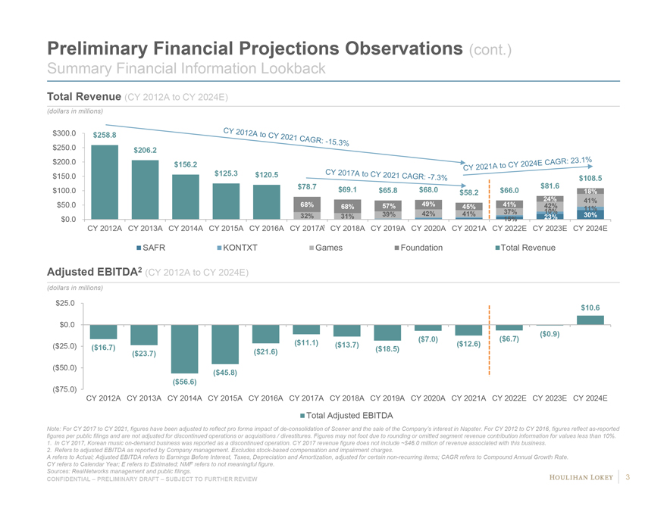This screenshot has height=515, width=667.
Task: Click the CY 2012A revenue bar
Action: (x=103, y=182)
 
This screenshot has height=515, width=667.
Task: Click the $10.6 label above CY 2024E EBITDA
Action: (x=590, y=307)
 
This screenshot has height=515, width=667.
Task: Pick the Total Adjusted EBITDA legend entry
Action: (x=348, y=415)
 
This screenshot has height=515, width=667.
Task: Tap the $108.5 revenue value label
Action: (x=590, y=178)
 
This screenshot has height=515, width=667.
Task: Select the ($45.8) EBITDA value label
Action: (x=225, y=372)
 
